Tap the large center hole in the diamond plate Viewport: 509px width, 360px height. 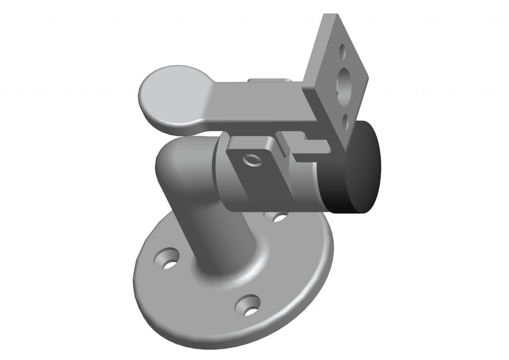pyautogui.click(x=344, y=82)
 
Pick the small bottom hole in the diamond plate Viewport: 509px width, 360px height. pyautogui.click(x=346, y=118)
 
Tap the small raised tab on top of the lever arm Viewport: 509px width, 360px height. pyautogui.click(x=268, y=81)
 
